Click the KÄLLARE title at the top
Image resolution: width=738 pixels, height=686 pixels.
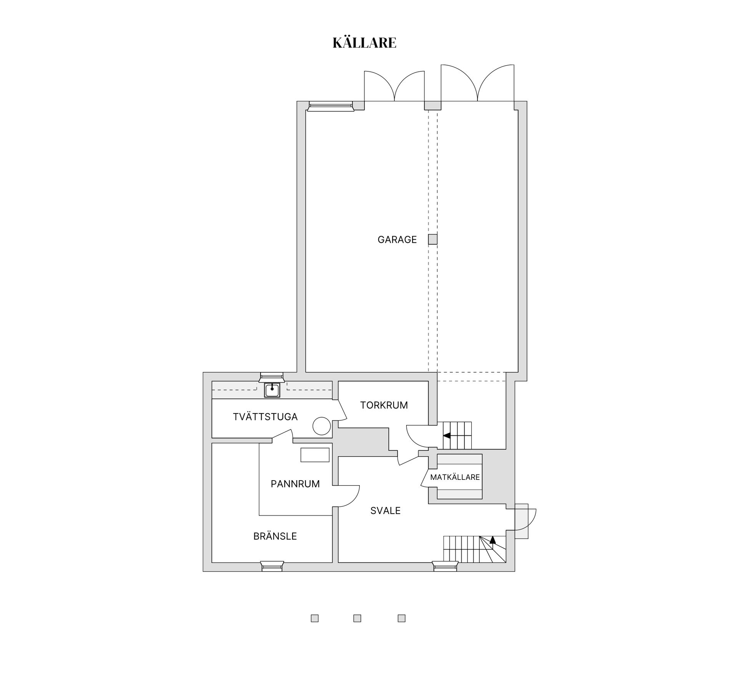(x=364, y=42)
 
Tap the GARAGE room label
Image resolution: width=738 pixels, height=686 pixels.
(x=397, y=240)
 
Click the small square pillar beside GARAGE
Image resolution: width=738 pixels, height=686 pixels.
(x=433, y=239)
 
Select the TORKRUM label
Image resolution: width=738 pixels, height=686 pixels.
(x=384, y=405)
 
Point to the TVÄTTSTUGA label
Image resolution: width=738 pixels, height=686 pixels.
(x=265, y=417)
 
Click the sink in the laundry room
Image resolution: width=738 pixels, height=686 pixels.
(x=272, y=390)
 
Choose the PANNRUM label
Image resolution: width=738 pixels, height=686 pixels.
(x=295, y=484)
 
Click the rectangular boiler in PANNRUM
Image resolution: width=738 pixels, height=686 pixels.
(x=315, y=455)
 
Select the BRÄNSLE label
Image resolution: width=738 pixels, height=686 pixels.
(x=275, y=536)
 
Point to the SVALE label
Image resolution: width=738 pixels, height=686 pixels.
(x=386, y=511)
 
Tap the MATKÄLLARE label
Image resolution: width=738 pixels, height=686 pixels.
(x=455, y=477)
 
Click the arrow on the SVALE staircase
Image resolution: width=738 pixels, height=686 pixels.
(x=492, y=540)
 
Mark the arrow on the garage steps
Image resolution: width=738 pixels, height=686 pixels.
(x=447, y=436)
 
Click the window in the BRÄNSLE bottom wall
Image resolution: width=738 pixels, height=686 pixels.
(x=272, y=566)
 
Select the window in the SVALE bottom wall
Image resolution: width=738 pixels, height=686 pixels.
(x=445, y=566)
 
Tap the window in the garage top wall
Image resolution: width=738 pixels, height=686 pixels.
(x=331, y=106)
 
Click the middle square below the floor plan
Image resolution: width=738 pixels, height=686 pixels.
(x=357, y=629)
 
